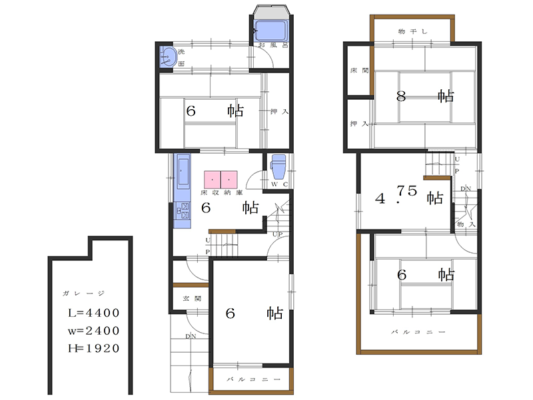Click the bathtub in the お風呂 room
pyautogui.click(x=271, y=30)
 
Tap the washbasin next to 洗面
pyautogui.click(x=169, y=57)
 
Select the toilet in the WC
pyautogui.click(x=278, y=166)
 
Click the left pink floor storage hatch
pyautogui.click(x=212, y=180)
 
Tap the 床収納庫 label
pyautogui.click(x=221, y=192)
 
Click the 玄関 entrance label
pyautogui.click(x=192, y=299)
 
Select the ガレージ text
pyautogui.click(x=83, y=293)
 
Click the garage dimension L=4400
pyautogui.click(x=94, y=313)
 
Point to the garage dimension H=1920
pyautogui.click(x=94, y=348)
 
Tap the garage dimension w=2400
pyautogui.click(x=94, y=330)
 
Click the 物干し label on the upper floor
pyautogui.click(x=412, y=31)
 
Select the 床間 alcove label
pyautogui.click(x=359, y=71)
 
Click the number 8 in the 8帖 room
pyautogui.click(x=401, y=97)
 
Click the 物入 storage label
pyautogui.click(x=466, y=224)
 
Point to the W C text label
pyautogui.click(x=279, y=184)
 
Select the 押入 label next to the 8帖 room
pyautogui.click(x=359, y=124)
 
